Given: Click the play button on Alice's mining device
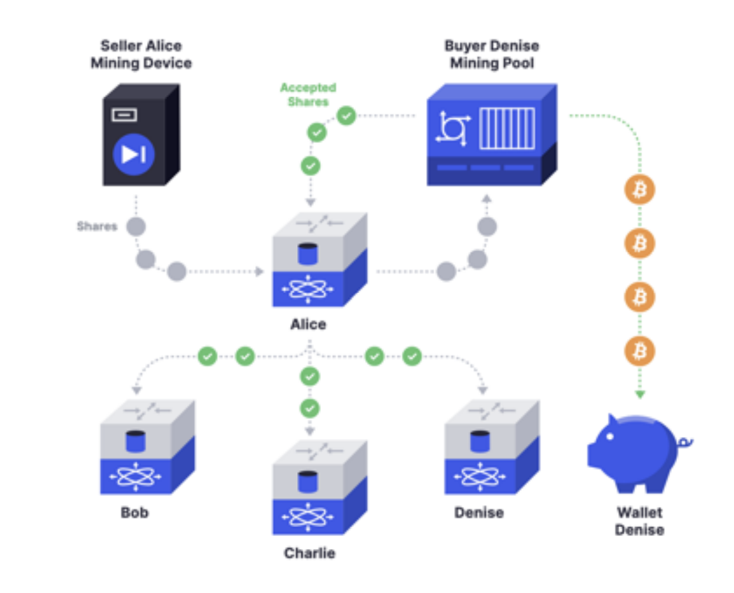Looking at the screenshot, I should [133, 154].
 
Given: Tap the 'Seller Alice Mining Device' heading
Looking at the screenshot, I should [141, 54].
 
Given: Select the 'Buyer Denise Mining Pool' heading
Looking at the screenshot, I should [491, 54].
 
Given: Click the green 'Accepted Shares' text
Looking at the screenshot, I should [308, 95].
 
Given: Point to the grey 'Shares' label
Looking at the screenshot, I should [97, 227].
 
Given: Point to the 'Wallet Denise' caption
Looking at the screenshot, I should [639, 521].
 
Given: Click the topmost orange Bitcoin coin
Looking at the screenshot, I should [639, 190].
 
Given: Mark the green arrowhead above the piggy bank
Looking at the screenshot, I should [639, 394].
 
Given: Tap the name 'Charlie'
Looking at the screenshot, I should [309, 554].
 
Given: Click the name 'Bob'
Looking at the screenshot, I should [135, 513].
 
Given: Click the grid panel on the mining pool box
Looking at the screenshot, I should [507, 128].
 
